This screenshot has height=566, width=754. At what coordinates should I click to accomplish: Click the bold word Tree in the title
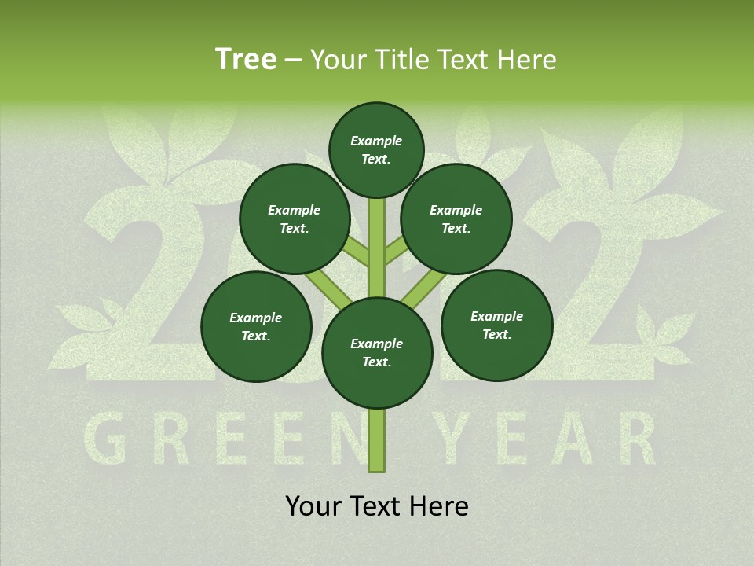(246, 60)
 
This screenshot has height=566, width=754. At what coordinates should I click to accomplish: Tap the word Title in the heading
(398, 60)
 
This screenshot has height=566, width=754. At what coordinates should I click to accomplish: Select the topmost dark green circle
(376, 149)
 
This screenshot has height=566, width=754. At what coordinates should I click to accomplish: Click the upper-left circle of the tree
(295, 219)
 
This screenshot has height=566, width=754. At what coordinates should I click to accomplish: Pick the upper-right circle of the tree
(456, 219)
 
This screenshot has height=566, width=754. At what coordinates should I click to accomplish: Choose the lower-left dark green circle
(256, 327)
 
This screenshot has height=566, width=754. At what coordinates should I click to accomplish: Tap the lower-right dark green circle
(497, 325)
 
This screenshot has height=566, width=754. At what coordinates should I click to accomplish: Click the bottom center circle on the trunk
(377, 353)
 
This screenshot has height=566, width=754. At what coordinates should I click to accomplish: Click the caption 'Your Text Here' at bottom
(377, 506)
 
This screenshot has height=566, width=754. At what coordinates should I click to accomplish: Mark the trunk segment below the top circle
(377, 236)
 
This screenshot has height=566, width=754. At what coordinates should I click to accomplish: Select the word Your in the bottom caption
(314, 506)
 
